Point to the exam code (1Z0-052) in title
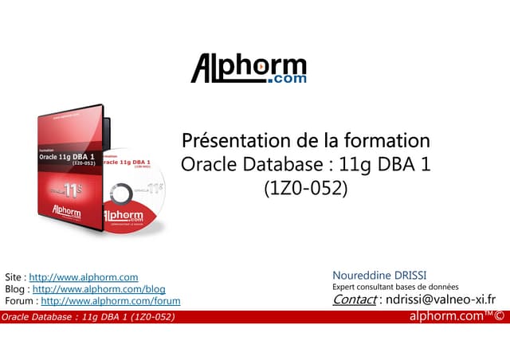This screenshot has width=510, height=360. [x=306, y=190]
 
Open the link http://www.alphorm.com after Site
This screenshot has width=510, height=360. [x=84, y=276]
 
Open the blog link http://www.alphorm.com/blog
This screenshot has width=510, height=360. [x=99, y=288]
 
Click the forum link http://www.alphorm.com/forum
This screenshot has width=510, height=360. [x=110, y=301]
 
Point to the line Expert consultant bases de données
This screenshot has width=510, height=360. [x=395, y=288]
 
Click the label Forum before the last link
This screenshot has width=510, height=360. [x=19, y=301]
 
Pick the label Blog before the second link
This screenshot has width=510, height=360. [x=14, y=288]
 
